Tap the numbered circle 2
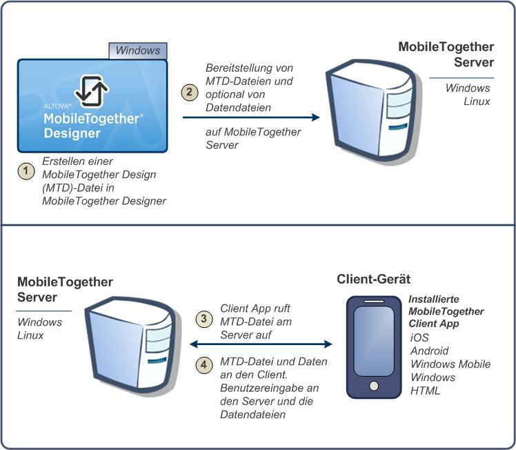[190, 91]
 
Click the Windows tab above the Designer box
[138, 50]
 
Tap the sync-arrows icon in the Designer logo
[92, 90]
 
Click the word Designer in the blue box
[72, 133]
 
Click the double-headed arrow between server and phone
[261, 344]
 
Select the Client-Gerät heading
[373, 279]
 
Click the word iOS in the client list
[419, 337]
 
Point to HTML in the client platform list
[425, 391]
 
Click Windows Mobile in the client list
[450, 364]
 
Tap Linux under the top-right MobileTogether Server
[477, 101]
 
